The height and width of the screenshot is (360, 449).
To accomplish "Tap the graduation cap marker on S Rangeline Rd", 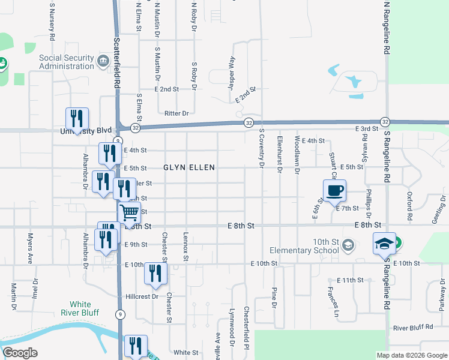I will pos(384,244).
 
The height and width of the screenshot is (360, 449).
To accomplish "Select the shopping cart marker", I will pos(129,213).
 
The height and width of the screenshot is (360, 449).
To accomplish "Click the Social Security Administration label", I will pos(67,62).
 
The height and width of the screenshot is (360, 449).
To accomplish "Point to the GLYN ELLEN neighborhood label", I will pos(188,167).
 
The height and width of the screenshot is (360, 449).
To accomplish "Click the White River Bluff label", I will pos(80,308).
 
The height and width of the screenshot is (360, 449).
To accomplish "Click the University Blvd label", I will pos(86,130).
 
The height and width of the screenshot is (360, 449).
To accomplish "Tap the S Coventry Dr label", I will pos(262,148).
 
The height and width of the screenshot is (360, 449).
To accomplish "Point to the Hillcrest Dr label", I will pos(142,296).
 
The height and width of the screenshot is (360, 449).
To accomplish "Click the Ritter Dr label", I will pos(176,113).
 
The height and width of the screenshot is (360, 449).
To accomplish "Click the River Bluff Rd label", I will pos(413,328).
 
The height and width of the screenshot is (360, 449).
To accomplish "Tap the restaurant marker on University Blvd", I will pos(77,119).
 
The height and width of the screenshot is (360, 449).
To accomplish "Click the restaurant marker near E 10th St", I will pos(156,274).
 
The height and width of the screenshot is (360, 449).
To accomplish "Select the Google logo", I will pos(20,353).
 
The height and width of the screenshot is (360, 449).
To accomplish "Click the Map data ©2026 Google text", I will pos(411,355).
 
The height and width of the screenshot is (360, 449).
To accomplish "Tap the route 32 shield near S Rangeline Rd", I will pos(385,121).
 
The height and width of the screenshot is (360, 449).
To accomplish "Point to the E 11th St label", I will pos(351,280).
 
